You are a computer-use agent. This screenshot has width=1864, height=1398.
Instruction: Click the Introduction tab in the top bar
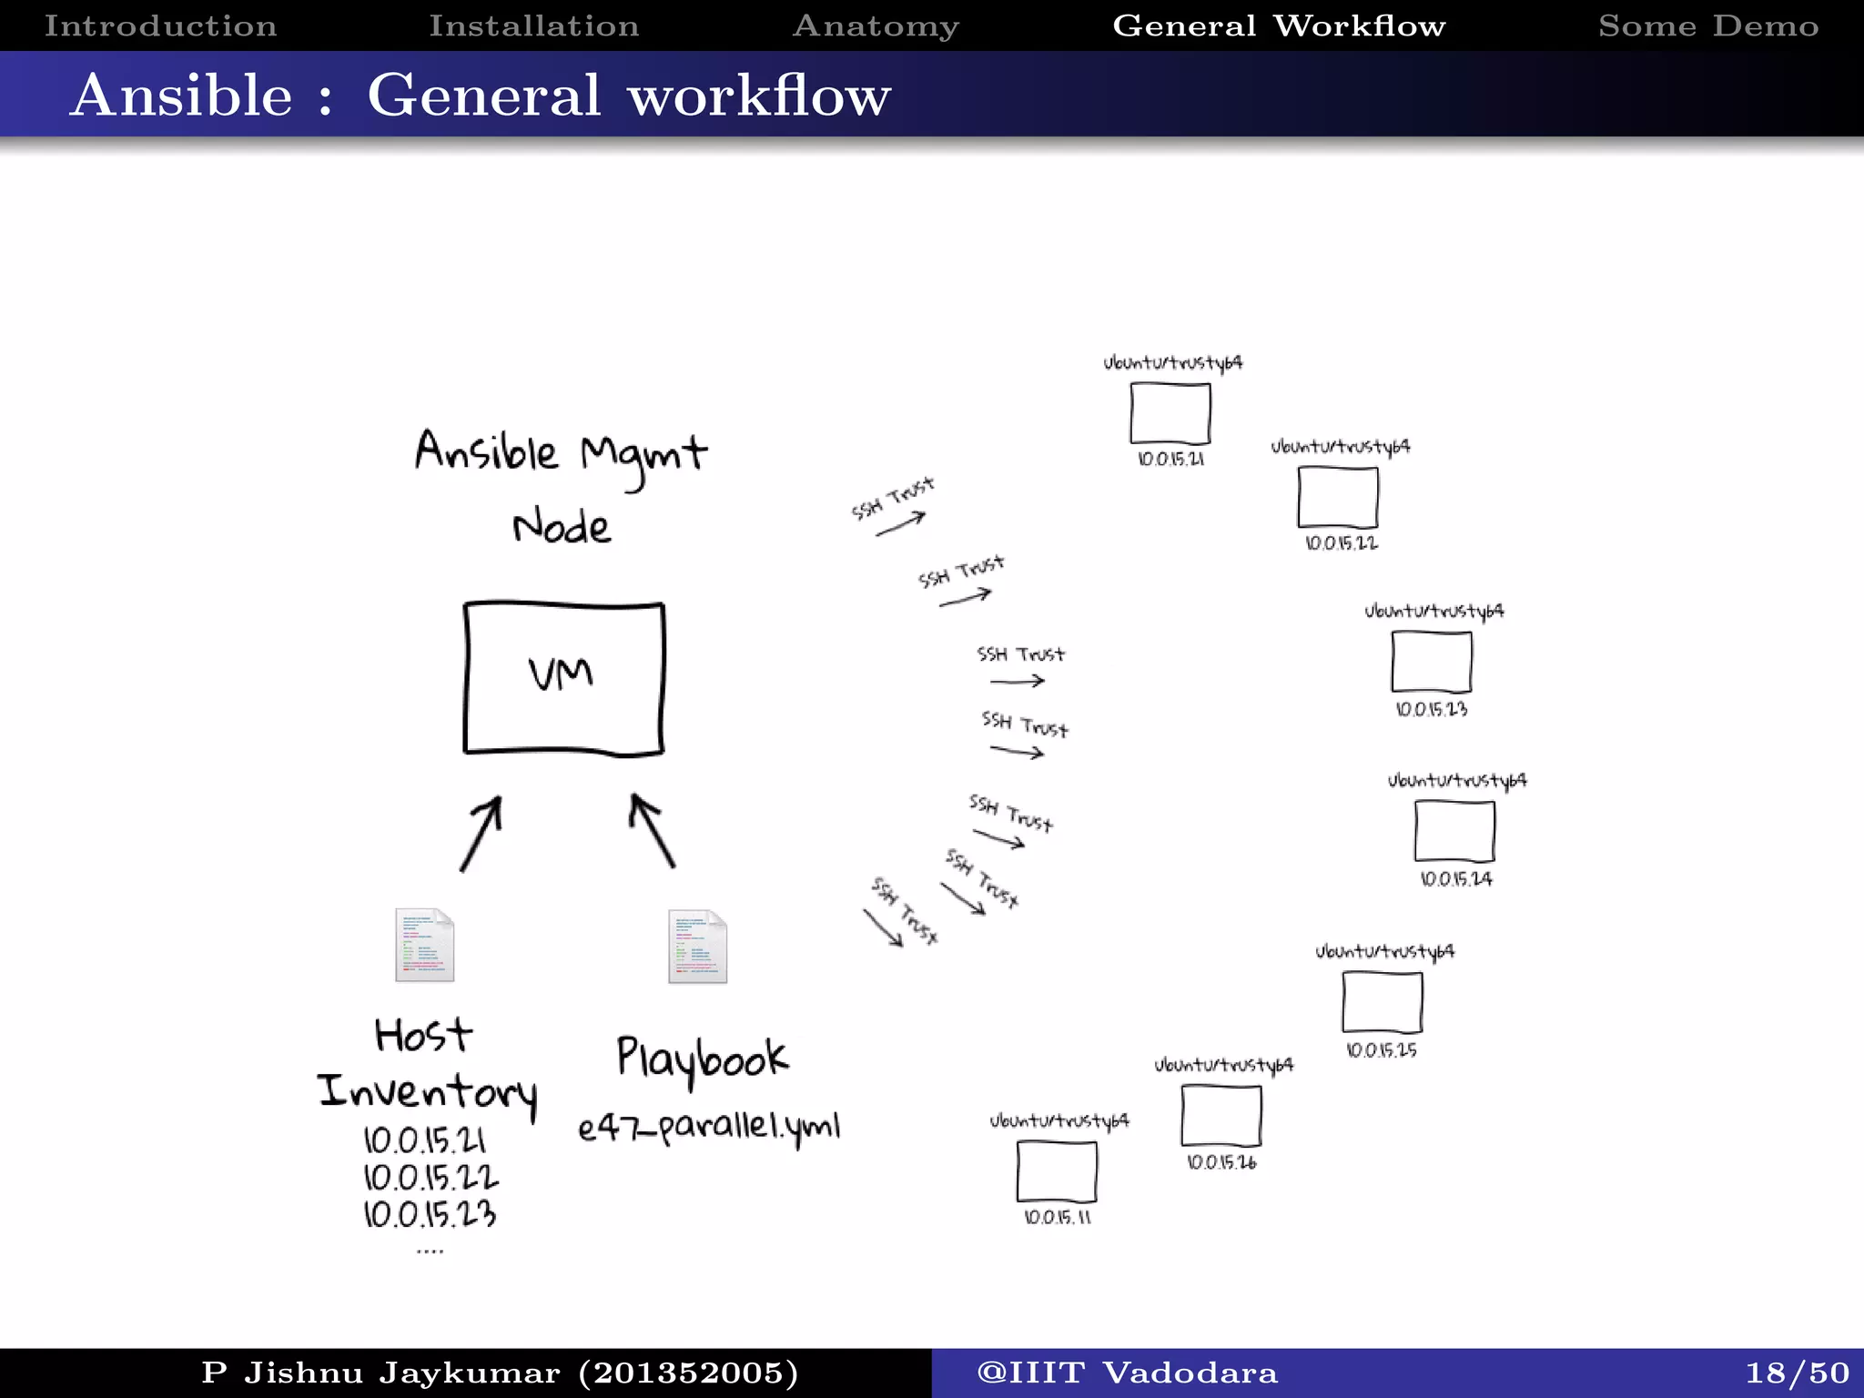click(x=160, y=25)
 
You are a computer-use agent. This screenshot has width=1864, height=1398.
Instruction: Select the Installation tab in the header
click(x=533, y=25)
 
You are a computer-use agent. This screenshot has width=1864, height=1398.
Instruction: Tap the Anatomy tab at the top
click(x=876, y=25)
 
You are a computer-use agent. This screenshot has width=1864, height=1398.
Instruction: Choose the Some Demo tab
click(x=1708, y=25)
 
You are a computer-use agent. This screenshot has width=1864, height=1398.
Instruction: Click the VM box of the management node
click(x=563, y=678)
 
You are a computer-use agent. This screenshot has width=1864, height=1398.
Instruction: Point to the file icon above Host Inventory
click(x=424, y=945)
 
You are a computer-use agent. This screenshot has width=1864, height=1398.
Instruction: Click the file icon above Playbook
click(x=697, y=947)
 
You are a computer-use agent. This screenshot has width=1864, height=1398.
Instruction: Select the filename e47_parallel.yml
click(x=708, y=1127)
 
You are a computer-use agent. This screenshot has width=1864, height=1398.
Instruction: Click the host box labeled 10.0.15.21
click(x=1170, y=413)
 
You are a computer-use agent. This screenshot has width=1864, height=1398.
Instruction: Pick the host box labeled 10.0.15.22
click(x=1338, y=497)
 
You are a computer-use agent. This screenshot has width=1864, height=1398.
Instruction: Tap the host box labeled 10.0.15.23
click(x=1431, y=662)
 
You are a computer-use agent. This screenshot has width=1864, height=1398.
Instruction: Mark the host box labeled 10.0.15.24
click(x=1454, y=831)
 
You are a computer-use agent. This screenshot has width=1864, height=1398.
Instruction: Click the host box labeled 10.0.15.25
click(x=1382, y=1002)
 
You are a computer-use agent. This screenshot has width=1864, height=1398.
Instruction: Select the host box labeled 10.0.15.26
click(x=1221, y=1116)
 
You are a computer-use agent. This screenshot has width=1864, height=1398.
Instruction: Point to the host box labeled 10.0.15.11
click(x=1057, y=1171)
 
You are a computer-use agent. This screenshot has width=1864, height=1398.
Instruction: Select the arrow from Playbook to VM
click(x=653, y=832)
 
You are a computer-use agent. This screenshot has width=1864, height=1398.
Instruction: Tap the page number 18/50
click(x=1797, y=1373)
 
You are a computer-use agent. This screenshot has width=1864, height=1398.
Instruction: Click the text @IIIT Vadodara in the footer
click(x=1127, y=1373)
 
